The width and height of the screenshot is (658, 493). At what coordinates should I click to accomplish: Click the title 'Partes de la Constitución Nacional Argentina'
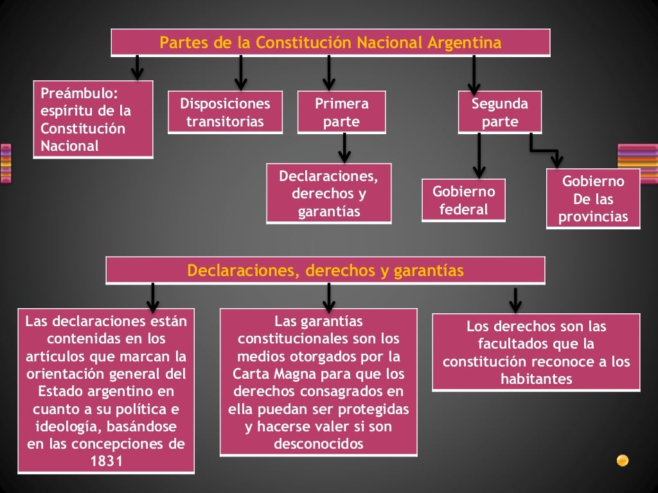(x=330, y=43)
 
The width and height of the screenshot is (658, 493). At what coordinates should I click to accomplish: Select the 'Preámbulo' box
(x=93, y=119)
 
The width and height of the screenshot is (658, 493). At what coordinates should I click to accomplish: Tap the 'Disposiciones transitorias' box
(x=225, y=113)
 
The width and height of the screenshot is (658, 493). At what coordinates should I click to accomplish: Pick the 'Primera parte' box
(x=341, y=113)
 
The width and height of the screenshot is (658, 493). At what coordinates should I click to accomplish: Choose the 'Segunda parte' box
(x=499, y=113)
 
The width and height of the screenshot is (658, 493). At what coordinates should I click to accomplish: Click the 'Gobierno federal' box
(x=463, y=200)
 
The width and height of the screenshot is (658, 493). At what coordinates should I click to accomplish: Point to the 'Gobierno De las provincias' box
(x=593, y=199)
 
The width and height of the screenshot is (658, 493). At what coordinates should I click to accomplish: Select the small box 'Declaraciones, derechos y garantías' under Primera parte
(x=328, y=194)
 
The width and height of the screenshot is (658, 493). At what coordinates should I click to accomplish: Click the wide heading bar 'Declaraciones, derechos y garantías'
(x=325, y=271)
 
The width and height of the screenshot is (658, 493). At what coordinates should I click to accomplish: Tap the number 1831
(x=106, y=461)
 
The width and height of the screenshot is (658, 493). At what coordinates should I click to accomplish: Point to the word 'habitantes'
(x=536, y=379)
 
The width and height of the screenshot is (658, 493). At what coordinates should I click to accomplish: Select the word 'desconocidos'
(x=318, y=444)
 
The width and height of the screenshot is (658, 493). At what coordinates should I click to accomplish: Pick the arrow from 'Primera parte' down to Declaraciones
(x=344, y=148)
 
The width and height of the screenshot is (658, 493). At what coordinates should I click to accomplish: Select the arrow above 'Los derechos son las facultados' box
(x=515, y=300)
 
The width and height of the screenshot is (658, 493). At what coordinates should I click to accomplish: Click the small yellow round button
(x=622, y=460)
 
